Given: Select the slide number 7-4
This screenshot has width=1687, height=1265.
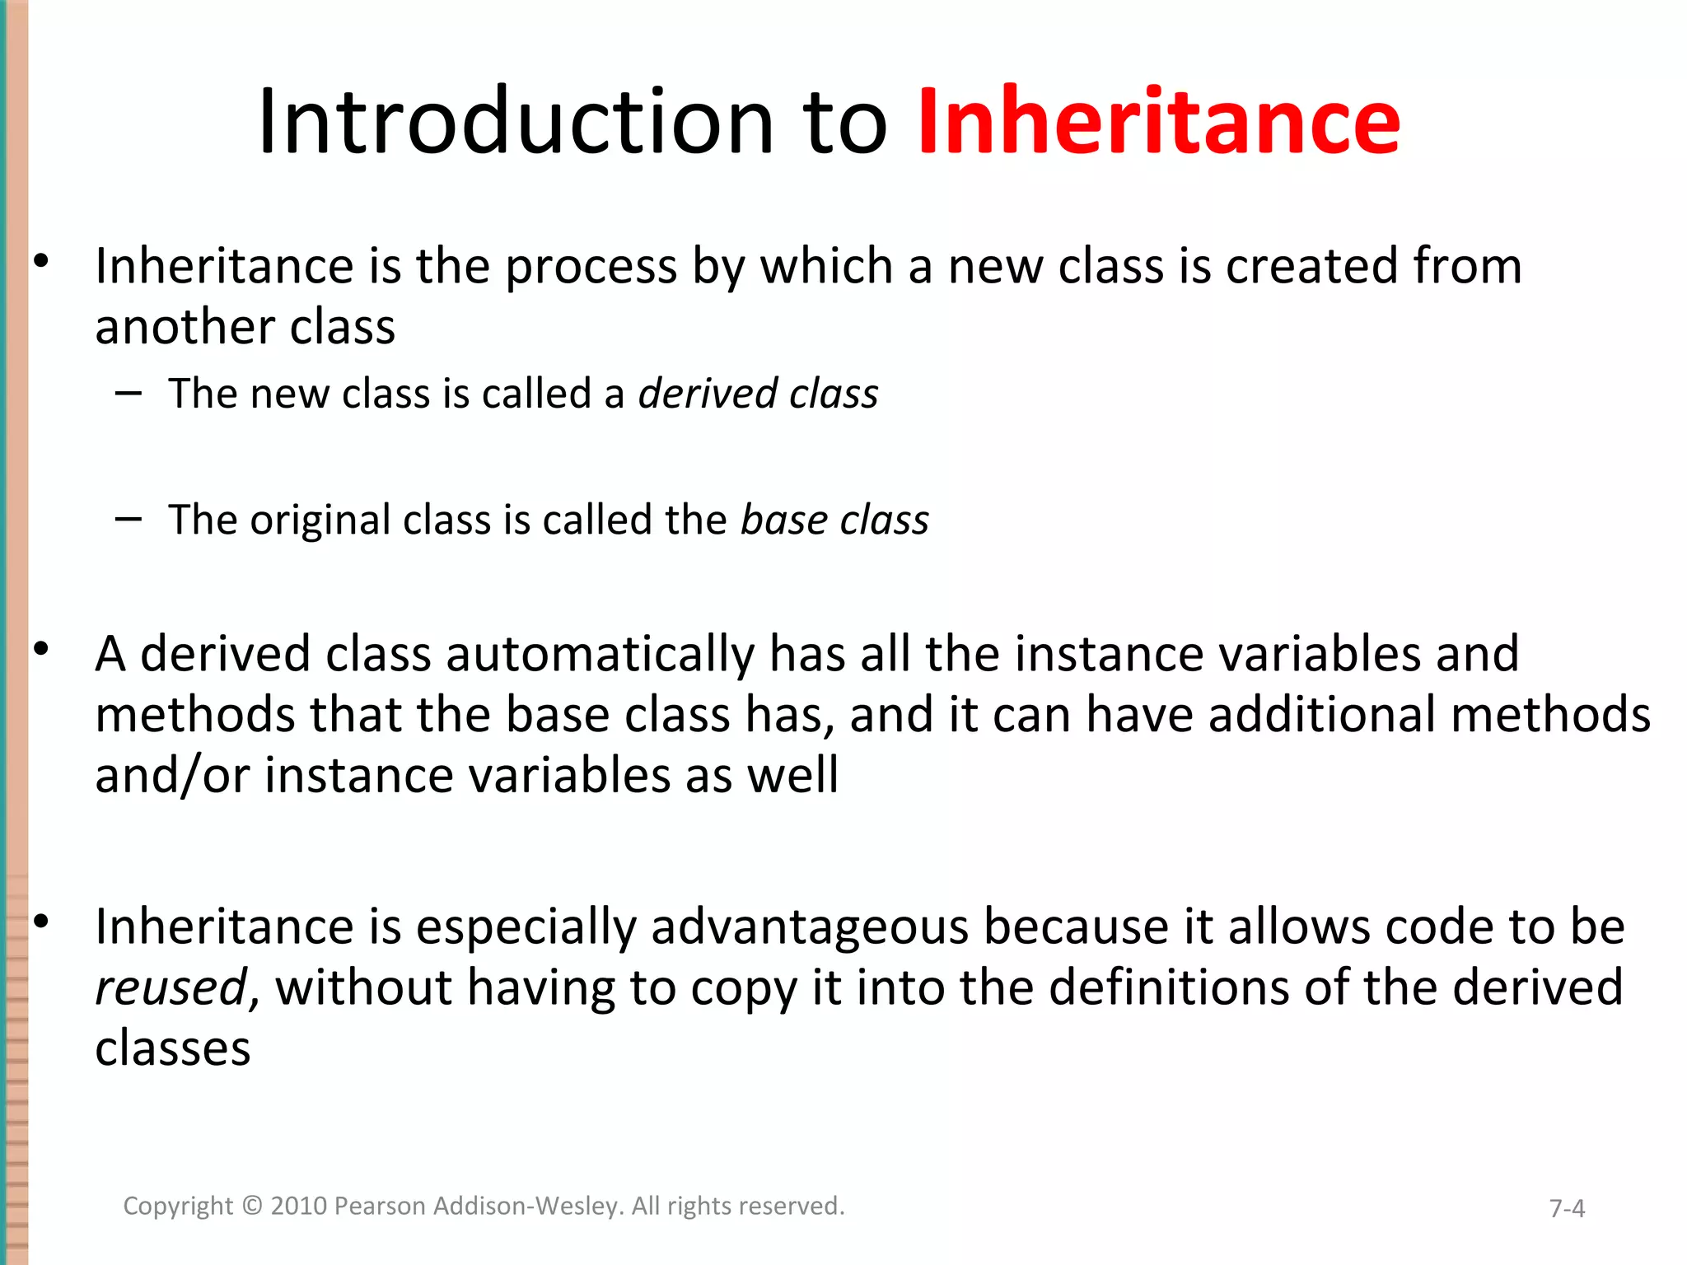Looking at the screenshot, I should [x=1567, y=1208].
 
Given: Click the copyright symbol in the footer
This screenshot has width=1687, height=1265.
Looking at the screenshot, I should [x=252, y=1206].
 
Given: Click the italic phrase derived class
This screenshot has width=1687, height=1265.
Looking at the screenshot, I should [x=758, y=394].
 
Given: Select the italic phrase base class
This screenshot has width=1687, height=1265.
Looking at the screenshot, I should [x=834, y=520].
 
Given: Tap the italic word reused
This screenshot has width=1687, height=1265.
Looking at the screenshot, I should [x=171, y=988].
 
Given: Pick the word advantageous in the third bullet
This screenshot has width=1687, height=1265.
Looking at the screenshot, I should [x=810, y=927].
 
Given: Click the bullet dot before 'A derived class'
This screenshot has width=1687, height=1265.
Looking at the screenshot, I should [x=42, y=650].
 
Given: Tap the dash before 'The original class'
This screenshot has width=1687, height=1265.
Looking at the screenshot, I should [x=129, y=519].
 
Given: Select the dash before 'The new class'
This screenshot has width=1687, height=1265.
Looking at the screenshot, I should [x=129, y=393].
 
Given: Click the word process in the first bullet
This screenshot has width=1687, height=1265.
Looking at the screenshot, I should [x=590, y=267].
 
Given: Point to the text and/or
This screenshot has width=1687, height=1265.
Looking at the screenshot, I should [x=172, y=776].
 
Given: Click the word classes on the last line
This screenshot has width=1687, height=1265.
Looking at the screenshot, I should [x=172, y=1048].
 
